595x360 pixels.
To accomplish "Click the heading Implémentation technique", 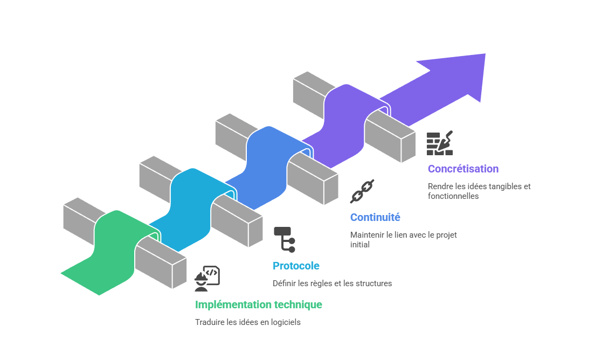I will [x=259, y=304].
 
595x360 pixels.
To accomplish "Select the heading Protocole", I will [x=296, y=266].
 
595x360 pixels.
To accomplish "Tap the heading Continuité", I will [x=375, y=218].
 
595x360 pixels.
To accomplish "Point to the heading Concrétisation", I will [x=463, y=169].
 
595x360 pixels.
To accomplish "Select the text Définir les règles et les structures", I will [x=332, y=283].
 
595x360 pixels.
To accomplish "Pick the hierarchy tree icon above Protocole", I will [x=285, y=239].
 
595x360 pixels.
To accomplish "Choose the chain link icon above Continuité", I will [x=362, y=191].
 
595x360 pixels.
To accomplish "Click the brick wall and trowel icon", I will [x=439, y=143].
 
